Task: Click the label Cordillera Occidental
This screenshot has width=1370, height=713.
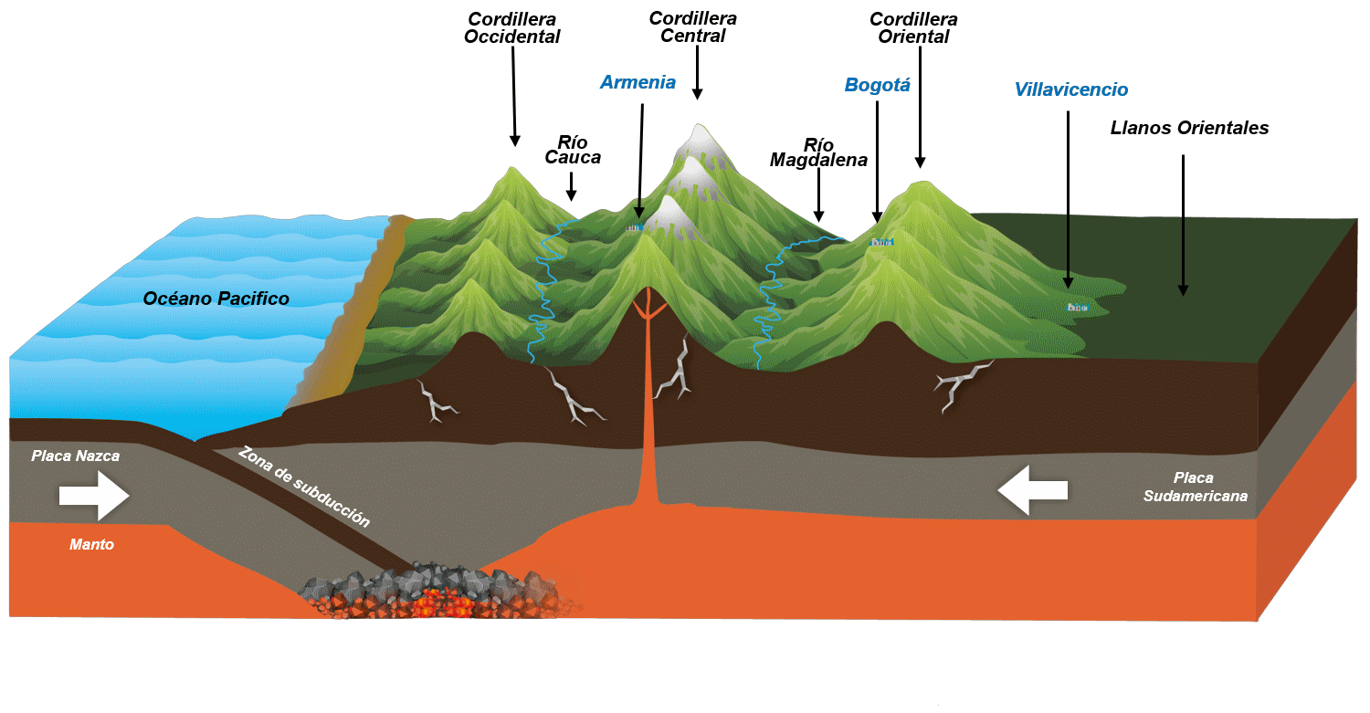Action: point(512,28)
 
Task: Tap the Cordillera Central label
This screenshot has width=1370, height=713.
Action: point(693,27)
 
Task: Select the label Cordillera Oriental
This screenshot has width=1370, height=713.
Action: point(914,28)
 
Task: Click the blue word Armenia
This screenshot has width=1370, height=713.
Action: point(638,83)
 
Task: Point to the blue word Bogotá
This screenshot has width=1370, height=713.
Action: point(877,86)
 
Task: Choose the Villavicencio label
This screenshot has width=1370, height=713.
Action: point(1070,90)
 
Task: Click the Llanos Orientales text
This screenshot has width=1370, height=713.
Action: point(1189,129)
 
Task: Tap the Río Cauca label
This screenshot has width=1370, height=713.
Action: point(573,151)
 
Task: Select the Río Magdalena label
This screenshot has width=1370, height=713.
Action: point(818,153)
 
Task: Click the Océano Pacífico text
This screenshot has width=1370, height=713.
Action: point(216,299)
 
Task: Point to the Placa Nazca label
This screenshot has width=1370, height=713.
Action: point(75,456)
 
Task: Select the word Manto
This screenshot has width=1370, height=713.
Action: point(91,545)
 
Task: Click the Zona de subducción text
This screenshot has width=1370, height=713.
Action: point(304,487)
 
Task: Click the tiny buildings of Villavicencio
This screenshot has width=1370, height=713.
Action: point(1078,308)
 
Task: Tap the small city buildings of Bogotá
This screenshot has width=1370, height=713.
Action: point(881,242)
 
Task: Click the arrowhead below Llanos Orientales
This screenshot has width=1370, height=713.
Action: point(1183,289)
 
